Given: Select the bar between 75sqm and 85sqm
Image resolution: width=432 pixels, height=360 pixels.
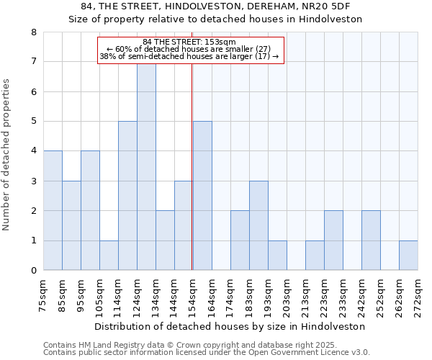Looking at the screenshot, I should pyautogui.click(x=53, y=210).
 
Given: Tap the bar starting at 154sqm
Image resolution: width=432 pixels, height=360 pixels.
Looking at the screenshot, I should pyautogui.click(x=202, y=196).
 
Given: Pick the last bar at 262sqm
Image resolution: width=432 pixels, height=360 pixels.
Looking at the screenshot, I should pyautogui.click(x=408, y=255).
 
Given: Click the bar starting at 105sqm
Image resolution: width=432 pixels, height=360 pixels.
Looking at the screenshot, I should pyautogui.click(x=109, y=255).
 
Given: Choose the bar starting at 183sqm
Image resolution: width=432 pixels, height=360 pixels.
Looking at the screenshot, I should pyautogui.click(x=258, y=225).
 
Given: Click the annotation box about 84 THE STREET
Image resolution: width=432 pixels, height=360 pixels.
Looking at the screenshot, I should pyautogui.click(x=191, y=50).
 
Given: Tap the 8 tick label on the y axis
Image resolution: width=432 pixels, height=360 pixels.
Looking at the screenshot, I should pyautogui.click(x=33, y=32).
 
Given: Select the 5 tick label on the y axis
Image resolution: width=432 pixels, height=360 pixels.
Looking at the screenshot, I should pyautogui.click(x=33, y=122).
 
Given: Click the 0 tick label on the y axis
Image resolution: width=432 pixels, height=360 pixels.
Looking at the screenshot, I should pyautogui.click(x=33, y=271).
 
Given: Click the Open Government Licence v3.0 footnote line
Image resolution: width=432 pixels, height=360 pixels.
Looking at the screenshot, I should pyautogui.click(x=207, y=353).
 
